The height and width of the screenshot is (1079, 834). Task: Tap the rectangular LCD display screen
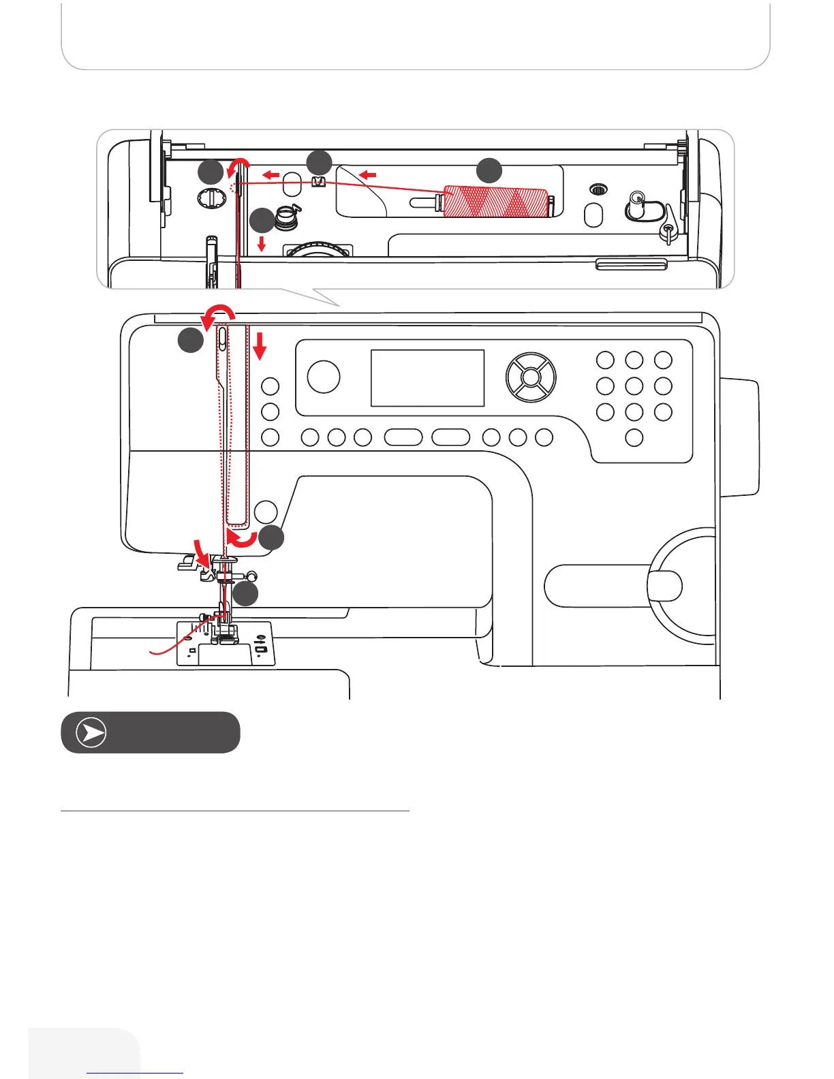coord(427,378)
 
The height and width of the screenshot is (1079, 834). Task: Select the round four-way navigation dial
coord(530,377)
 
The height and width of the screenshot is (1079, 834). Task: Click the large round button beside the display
coord(324,376)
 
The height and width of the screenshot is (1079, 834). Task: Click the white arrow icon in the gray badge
coord(91,733)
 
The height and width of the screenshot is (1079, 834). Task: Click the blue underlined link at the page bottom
coord(135,1072)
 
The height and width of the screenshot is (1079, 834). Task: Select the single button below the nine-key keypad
coord(634,437)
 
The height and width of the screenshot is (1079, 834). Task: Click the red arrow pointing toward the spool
coord(368,175)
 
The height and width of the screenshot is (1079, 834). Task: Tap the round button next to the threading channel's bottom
coord(266,512)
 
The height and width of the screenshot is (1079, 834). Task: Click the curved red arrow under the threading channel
coord(242,540)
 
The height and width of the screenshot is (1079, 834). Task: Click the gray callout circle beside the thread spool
coord(489,170)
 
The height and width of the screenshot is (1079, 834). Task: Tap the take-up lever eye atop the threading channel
coord(222,338)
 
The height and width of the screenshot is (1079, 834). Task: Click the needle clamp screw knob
coord(252,575)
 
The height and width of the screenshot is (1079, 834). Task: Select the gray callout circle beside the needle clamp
coord(245,594)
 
